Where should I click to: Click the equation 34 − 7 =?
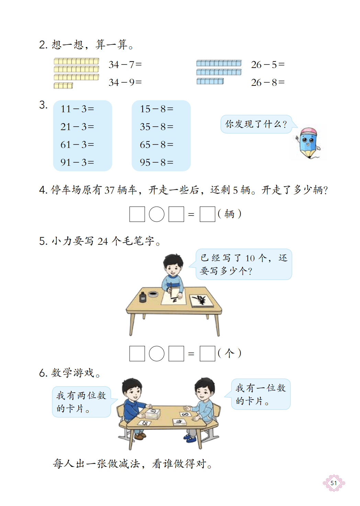tap(125, 65)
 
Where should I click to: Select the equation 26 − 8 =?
tap(268, 82)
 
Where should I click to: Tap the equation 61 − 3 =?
tap(77, 145)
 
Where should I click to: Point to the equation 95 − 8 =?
tap(156, 162)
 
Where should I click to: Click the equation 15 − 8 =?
tap(156, 109)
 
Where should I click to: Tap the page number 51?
tap(334, 483)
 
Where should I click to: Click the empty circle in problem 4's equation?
tap(157, 214)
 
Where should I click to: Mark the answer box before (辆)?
tap(207, 214)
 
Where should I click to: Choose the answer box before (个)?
tap(207, 354)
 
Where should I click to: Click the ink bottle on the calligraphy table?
tap(142, 297)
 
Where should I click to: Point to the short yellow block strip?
tap(63, 85)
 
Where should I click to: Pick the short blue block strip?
tap(210, 81)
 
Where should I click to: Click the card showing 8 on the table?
tap(185, 414)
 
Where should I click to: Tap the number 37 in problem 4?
tap(109, 190)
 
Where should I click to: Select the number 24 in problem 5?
tap(103, 241)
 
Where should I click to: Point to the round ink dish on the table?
tap(153, 294)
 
